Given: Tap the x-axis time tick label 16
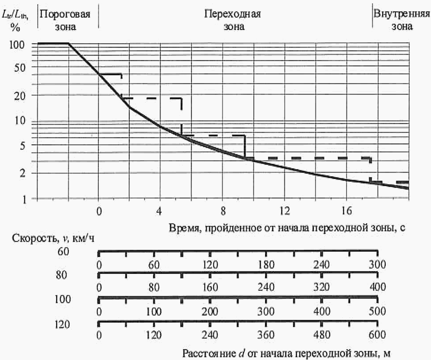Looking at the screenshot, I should point(346,211).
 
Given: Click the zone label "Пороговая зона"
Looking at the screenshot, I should point(65,20).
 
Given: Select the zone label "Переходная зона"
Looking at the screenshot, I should point(233,20).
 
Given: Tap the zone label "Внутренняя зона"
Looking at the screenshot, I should point(401,20).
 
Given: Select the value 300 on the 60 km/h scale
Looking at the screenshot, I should point(377,264).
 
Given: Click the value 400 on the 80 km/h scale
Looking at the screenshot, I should point(377,287).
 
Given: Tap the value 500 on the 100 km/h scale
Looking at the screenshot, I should point(377,311).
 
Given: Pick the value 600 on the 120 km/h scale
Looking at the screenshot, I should point(377,335).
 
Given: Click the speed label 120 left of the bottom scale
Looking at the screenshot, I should point(62,325).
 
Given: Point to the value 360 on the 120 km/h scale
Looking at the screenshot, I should point(266,335).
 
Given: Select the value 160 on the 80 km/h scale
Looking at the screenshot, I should point(210,287).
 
